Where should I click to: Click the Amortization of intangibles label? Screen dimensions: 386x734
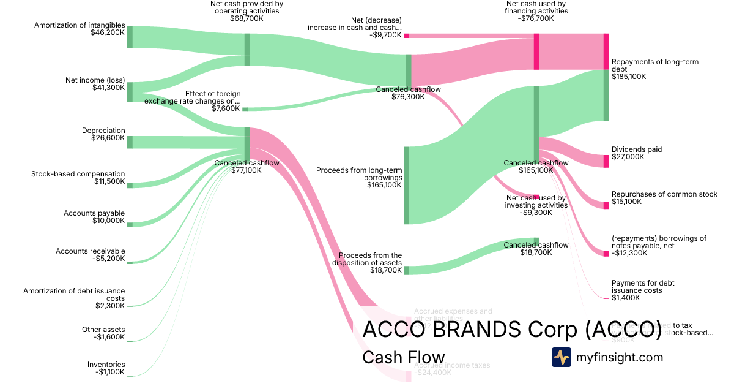[x=80, y=25]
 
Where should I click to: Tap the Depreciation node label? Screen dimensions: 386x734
[x=103, y=131]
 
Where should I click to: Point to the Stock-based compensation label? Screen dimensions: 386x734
[x=78, y=174]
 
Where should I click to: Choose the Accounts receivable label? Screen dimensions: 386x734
[x=91, y=251]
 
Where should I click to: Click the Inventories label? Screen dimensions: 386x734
[x=106, y=364]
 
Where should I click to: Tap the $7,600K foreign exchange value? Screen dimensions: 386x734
[x=226, y=109]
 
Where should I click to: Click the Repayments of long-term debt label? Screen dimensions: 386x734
[x=654, y=66]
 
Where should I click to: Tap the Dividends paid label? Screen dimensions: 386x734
[x=636, y=149]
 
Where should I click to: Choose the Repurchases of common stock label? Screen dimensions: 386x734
[x=664, y=194]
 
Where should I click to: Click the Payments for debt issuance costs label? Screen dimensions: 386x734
[x=642, y=287]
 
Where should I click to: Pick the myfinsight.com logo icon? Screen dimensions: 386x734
[x=561, y=357]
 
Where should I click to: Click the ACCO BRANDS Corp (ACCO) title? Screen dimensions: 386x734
[x=512, y=330]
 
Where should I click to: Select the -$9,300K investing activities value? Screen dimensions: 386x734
[x=536, y=213]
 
